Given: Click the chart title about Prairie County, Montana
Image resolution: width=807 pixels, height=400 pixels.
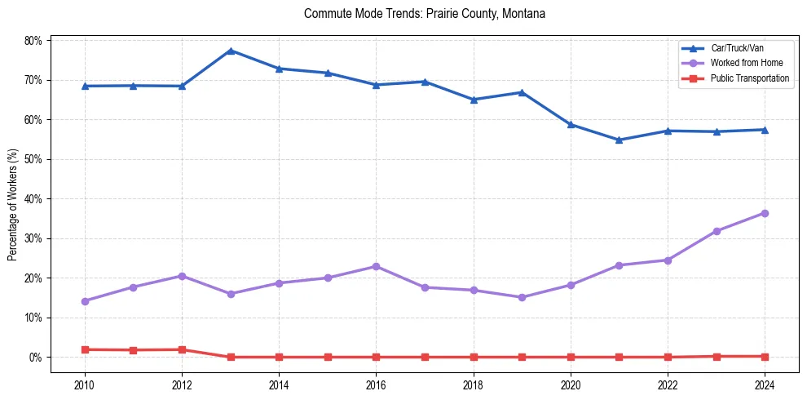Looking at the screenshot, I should click(424, 14).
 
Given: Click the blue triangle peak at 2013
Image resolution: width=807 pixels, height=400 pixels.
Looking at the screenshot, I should click(231, 51).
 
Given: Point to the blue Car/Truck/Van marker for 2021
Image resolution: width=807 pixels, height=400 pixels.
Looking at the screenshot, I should click(619, 140).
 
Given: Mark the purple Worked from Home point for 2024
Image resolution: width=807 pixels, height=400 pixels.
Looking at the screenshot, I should click(765, 213).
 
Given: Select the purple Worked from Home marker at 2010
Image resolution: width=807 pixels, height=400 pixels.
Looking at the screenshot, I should click(85, 301).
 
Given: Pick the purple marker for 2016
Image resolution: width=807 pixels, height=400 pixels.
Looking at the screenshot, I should click(376, 266).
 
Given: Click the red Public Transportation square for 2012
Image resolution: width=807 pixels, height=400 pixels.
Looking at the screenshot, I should click(182, 349).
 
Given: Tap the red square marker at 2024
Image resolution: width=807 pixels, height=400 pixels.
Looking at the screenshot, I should click(765, 356).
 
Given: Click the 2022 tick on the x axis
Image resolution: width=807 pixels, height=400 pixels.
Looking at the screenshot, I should click(668, 384).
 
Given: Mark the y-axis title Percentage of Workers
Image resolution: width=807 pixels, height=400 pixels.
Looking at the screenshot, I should click(12, 204).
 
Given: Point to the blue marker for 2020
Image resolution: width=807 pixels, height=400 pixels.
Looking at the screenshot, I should click(571, 125).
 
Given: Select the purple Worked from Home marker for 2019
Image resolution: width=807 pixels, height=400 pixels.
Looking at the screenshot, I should click(522, 297).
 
